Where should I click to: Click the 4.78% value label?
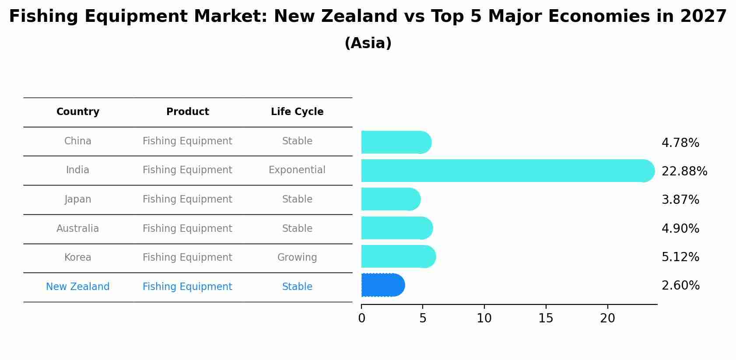(x=680, y=143)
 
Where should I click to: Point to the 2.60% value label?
(x=680, y=286)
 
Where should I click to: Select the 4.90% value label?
(x=680, y=229)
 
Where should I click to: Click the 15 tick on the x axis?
(x=546, y=318)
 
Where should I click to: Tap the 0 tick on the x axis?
(x=361, y=318)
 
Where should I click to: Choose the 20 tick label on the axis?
(x=607, y=318)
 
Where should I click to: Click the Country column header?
(x=78, y=112)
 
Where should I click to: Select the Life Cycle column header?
(x=297, y=112)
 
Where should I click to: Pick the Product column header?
(x=187, y=112)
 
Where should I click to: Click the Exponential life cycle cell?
(x=297, y=170)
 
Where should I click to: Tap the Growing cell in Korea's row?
(x=297, y=258)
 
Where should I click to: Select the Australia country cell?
(x=78, y=229)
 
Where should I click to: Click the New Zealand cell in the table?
(x=78, y=287)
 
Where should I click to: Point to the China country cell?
(x=78, y=141)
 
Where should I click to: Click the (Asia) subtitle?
(x=368, y=43)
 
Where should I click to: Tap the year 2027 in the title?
(x=703, y=17)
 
